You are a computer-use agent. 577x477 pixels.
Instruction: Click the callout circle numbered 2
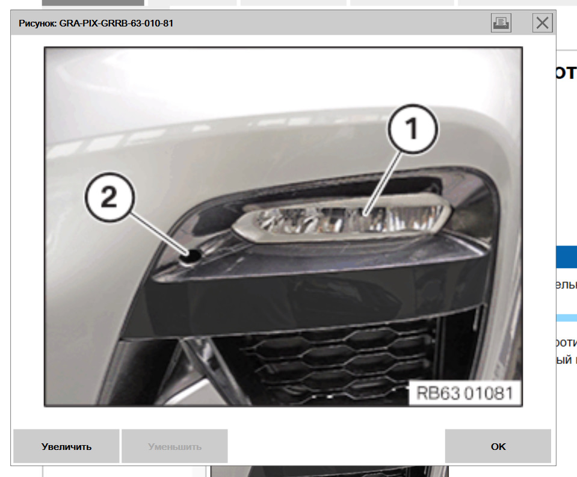pyautogui.click(x=110, y=197)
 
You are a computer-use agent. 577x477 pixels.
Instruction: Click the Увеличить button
pyautogui.click(x=66, y=446)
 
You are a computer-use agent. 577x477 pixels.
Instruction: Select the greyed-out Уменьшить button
pyautogui.click(x=174, y=446)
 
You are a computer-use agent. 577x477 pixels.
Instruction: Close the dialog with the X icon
pyautogui.click(x=542, y=23)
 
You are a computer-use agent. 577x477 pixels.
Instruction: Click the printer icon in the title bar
pyautogui.click(x=501, y=23)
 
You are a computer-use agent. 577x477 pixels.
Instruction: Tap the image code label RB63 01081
pyautogui.click(x=465, y=393)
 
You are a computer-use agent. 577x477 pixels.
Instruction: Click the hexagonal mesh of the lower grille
pyautogui.click(x=337, y=361)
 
